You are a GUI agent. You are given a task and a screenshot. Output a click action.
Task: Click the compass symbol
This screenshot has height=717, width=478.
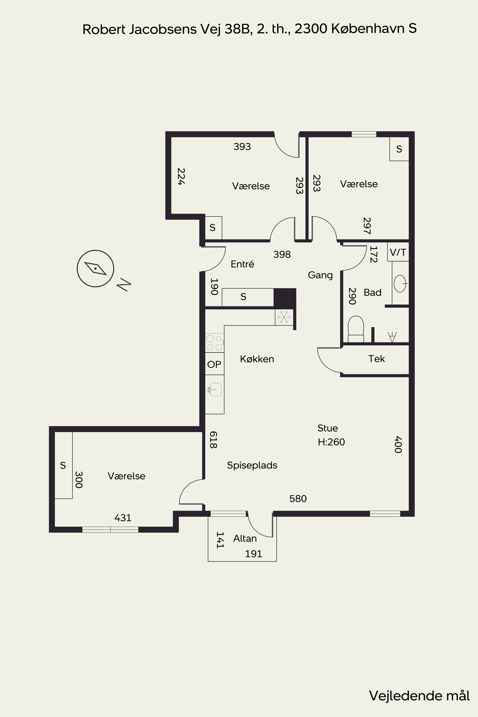[95, 269]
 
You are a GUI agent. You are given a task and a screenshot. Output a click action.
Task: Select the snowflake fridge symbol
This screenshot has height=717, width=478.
[284, 317]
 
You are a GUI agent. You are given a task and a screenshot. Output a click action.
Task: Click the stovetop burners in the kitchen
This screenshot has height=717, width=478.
[215, 343]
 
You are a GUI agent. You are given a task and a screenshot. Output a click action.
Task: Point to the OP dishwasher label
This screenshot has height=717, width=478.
[214, 364]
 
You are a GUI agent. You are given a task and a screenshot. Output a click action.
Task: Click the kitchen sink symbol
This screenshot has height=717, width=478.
[215, 390]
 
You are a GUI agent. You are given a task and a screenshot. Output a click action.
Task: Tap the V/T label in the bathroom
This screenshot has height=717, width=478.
[398, 252]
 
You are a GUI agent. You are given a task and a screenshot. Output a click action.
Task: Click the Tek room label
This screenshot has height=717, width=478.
[376, 359]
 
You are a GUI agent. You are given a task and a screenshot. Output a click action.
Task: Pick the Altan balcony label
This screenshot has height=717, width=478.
[245, 538]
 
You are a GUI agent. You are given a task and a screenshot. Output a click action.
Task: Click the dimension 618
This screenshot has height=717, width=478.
[213, 440]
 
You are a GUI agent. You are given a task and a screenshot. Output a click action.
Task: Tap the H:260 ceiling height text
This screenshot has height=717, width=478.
[331, 442]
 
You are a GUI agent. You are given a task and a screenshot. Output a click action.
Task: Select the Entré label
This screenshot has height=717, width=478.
[242, 264]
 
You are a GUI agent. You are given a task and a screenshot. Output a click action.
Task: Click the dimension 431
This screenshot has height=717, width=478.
[123, 518]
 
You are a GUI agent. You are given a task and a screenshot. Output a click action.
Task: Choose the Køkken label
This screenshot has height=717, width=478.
[257, 359]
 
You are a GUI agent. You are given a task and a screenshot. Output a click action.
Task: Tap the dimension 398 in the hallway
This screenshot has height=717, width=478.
[282, 254]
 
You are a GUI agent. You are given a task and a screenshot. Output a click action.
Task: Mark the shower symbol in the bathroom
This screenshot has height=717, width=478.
[392, 337]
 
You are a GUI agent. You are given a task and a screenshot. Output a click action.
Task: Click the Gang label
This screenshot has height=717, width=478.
[320, 275]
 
